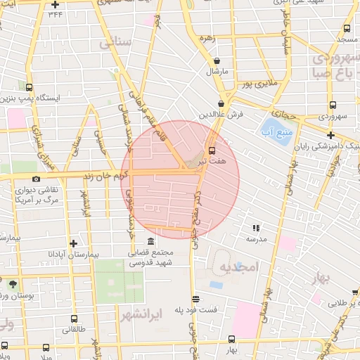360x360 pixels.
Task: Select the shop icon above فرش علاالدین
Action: tap(221, 103)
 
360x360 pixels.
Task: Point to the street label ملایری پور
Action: tap(256, 84)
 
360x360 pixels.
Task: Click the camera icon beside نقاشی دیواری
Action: tap(36, 179)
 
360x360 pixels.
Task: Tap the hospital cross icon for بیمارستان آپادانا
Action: tap(72, 242)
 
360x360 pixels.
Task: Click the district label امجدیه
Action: tap(240, 267)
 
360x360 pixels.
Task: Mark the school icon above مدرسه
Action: tap(256, 228)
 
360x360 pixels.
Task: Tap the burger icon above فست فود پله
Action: tap(195, 298)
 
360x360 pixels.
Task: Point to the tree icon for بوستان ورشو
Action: tap(13, 283)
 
